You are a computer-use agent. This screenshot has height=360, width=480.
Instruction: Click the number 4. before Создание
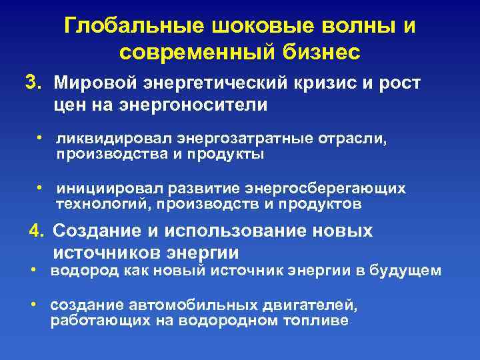point(37,231)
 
